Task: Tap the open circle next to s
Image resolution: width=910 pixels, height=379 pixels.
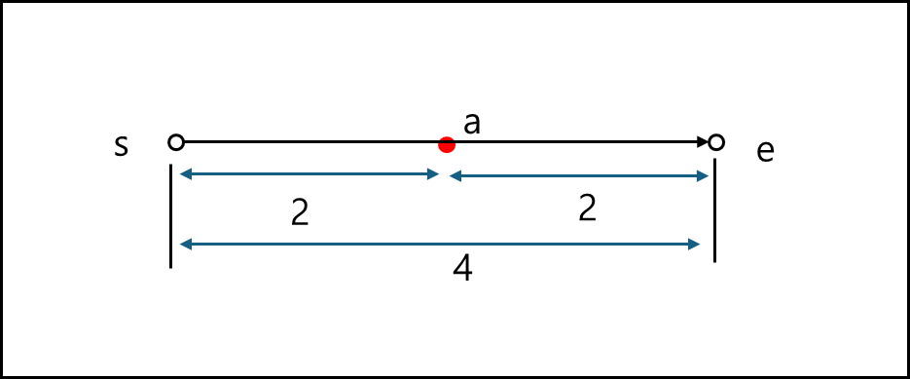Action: point(176,142)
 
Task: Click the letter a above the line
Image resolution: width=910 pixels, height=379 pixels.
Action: point(473,124)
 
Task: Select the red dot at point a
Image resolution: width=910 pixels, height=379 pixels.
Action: point(447,145)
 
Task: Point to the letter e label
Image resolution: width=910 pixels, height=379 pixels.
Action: point(765,152)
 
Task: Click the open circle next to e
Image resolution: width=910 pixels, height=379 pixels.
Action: point(716,142)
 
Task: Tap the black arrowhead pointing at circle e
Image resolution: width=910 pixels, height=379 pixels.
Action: point(702,142)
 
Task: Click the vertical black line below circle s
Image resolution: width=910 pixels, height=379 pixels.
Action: point(171,215)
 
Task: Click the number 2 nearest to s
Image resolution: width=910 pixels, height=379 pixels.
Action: point(300,213)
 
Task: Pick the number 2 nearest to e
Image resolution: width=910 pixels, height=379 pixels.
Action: point(586,208)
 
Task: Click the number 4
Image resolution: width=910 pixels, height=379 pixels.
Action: point(463,269)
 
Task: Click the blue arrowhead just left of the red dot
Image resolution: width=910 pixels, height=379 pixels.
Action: point(433,174)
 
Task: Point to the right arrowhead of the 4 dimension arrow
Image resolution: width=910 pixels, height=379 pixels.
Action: point(694,244)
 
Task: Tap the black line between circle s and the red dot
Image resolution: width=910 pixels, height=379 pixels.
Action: point(311,142)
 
